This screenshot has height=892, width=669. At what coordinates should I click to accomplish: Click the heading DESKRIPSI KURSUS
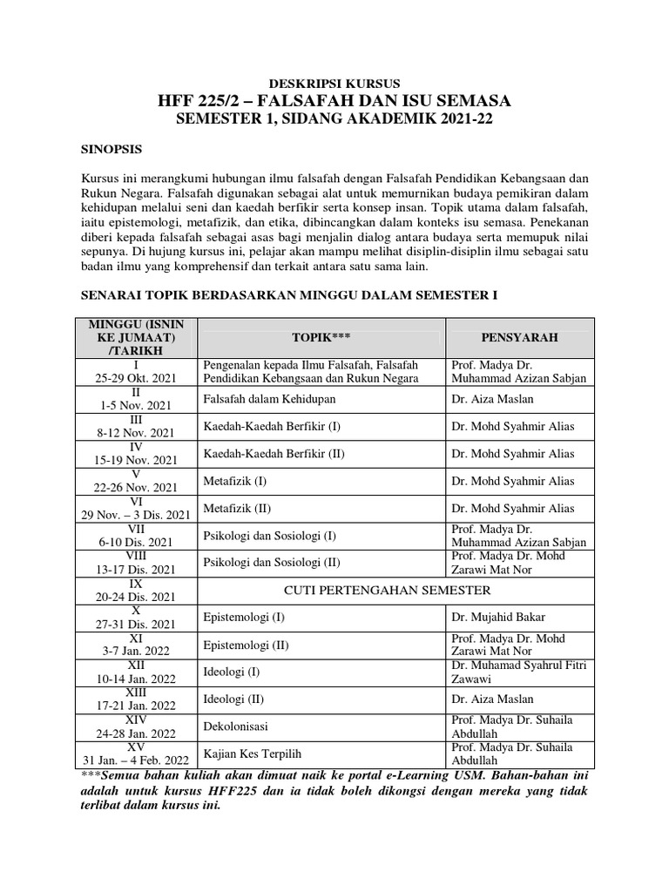[334, 84]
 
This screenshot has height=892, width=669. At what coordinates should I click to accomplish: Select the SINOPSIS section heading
[112, 149]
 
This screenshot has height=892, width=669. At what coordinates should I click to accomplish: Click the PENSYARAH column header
[519, 337]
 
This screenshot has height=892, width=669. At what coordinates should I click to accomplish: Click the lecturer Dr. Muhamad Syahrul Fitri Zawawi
[518, 672]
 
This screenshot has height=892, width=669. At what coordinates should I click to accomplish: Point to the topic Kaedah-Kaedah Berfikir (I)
[272, 426]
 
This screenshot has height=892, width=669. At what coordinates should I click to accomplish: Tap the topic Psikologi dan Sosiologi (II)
[270, 562]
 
